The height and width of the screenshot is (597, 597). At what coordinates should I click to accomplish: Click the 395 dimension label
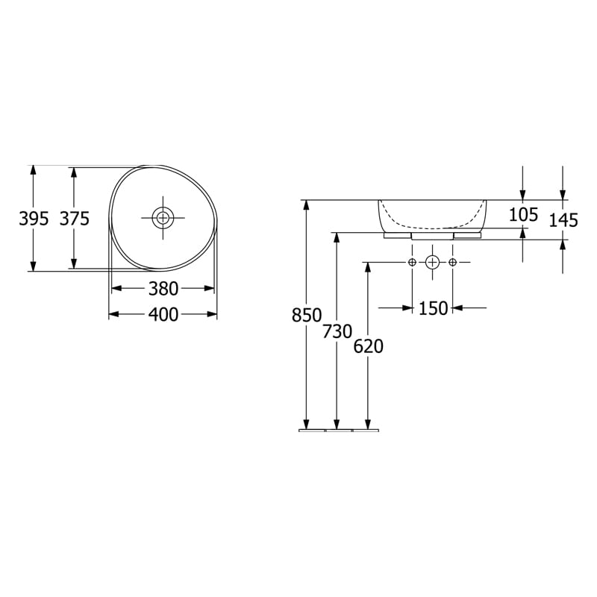click(34, 219)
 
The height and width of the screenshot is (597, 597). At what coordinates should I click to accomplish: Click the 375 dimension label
click(75, 219)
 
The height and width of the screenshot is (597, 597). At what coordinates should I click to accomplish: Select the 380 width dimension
click(163, 288)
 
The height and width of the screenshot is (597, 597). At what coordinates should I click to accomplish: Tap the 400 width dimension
click(163, 315)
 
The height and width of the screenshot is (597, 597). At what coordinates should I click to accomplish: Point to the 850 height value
click(306, 316)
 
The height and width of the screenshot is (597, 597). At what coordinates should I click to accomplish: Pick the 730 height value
click(337, 331)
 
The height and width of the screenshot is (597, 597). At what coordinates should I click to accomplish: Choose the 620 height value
click(369, 346)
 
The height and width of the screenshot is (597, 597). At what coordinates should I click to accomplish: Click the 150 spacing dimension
click(433, 307)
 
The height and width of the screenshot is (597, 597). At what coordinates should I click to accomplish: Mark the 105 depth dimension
click(523, 215)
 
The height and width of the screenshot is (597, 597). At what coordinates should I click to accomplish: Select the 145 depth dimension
click(563, 220)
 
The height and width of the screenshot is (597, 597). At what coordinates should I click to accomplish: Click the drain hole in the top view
click(163, 218)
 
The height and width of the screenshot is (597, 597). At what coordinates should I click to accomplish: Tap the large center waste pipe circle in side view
click(432, 262)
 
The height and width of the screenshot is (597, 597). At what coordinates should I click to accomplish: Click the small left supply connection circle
click(412, 262)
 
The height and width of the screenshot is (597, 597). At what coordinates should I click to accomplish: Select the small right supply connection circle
click(452, 262)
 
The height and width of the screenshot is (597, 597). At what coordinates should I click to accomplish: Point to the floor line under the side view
click(339, 431)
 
